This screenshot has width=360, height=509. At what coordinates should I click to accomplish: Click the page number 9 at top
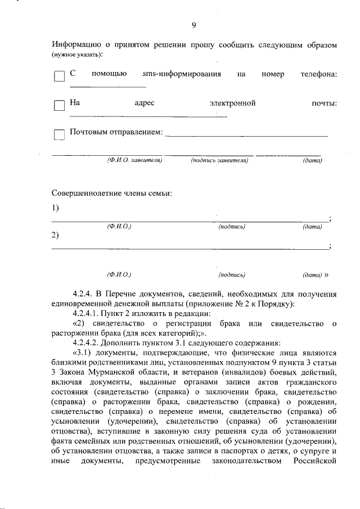pos(193,25)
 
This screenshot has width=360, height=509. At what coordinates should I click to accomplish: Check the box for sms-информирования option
pos(59,76)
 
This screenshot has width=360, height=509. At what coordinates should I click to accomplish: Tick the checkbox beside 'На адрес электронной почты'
pos(59,106)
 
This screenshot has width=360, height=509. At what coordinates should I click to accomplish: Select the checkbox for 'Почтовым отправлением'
pos(59,134)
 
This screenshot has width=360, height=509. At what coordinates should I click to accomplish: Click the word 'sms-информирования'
pos(181,74)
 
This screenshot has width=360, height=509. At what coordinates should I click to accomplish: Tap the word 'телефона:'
pos(318,74)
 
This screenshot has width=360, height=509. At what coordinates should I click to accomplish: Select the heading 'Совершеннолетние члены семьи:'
pos(112,193)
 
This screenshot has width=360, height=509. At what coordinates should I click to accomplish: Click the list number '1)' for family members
pos(55,208)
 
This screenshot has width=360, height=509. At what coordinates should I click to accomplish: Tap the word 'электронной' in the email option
pos(233,103)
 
